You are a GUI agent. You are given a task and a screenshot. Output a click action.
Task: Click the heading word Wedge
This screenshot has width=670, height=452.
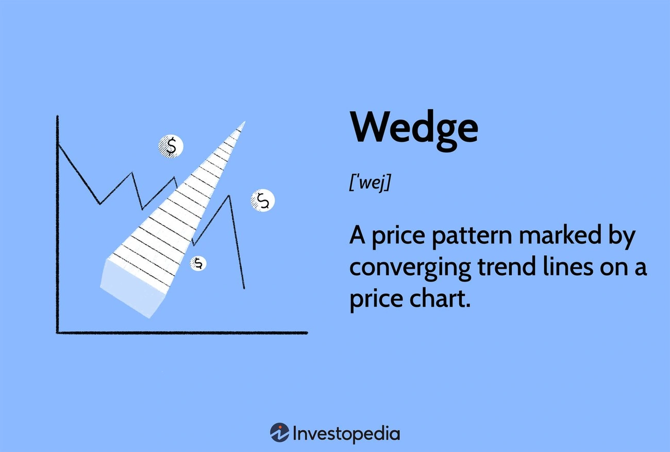[413, 128]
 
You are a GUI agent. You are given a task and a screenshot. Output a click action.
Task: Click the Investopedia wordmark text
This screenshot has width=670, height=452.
[346, 433]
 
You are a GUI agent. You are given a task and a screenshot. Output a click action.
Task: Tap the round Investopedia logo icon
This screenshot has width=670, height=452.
[279, 432]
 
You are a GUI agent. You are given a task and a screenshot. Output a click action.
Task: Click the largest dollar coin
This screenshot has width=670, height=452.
[171, 146]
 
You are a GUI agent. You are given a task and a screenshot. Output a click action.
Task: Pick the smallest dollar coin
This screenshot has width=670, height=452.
[198, 264]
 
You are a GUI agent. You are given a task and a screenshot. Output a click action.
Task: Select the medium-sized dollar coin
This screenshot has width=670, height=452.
[263, 200]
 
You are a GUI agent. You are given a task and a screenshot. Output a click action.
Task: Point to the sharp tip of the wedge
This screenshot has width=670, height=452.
[243, 123]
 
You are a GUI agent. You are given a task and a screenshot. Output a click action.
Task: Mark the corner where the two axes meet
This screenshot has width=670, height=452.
[58, 332]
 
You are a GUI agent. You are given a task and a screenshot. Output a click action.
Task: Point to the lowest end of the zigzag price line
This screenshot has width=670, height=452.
[244, 288]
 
